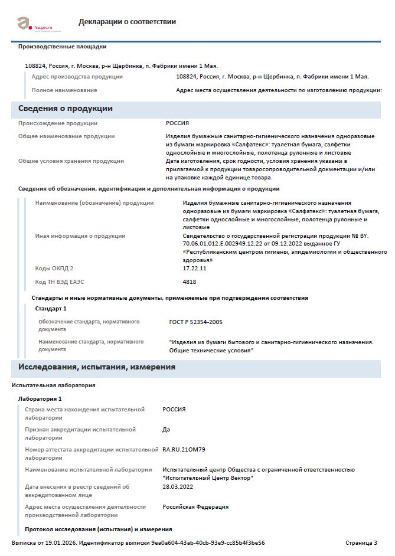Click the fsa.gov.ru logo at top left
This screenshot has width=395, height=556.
35,24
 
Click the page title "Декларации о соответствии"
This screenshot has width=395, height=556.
127,22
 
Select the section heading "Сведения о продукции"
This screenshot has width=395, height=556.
66,109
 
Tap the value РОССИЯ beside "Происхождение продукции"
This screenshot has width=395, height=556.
177,123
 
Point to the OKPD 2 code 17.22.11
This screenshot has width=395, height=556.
195,269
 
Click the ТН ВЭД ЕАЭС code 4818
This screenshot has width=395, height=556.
190,282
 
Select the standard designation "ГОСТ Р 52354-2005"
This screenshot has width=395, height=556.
196,322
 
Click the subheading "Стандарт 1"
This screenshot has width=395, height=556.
51,308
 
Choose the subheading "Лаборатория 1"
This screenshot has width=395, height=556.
40,399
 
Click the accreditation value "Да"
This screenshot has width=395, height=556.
167,430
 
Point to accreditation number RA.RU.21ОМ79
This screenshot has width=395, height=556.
184,450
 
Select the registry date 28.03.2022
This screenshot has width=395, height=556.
178,486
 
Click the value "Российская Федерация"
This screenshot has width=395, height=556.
195,506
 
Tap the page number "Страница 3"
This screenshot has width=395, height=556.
361,542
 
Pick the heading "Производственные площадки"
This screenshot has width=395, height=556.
63,47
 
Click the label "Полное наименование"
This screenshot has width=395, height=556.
64,90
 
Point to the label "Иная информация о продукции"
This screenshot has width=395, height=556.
80,236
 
